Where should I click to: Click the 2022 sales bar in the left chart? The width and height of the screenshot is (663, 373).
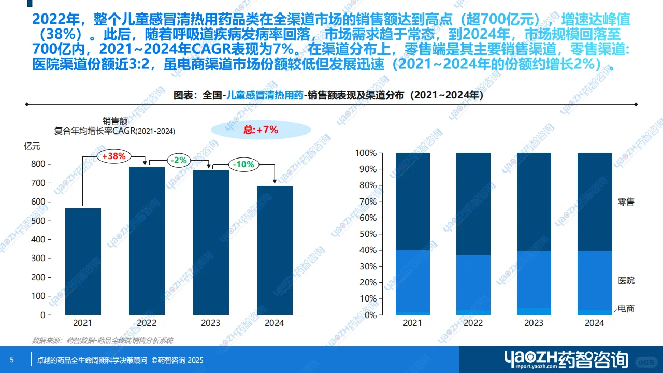point(147,241)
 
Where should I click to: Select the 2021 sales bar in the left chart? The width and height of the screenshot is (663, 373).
point(83,262)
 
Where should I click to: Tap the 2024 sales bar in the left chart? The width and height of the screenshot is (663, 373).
point(275,250)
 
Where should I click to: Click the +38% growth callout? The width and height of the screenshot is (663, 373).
point(114,156)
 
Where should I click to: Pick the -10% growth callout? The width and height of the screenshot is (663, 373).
point(243,165)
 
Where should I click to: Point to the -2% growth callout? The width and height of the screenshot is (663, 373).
point(180,161)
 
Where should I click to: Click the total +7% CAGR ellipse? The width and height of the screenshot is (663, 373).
point(261,130)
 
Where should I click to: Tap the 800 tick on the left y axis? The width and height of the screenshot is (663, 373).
point(38,164)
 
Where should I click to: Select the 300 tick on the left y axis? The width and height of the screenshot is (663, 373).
point(38,258)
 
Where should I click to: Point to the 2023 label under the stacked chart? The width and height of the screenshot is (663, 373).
point(534,323)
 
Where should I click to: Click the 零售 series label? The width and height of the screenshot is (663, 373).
point(626,202)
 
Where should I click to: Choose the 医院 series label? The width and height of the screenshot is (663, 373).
point(626,281)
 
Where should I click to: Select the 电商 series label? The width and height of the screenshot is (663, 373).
point(626,309)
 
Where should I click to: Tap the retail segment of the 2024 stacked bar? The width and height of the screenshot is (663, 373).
point(595,202)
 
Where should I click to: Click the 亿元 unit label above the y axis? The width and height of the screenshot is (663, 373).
point(32,146)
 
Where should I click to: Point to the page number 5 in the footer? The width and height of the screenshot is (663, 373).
point(12,360)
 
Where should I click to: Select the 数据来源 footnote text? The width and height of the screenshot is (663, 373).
point(103,341)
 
